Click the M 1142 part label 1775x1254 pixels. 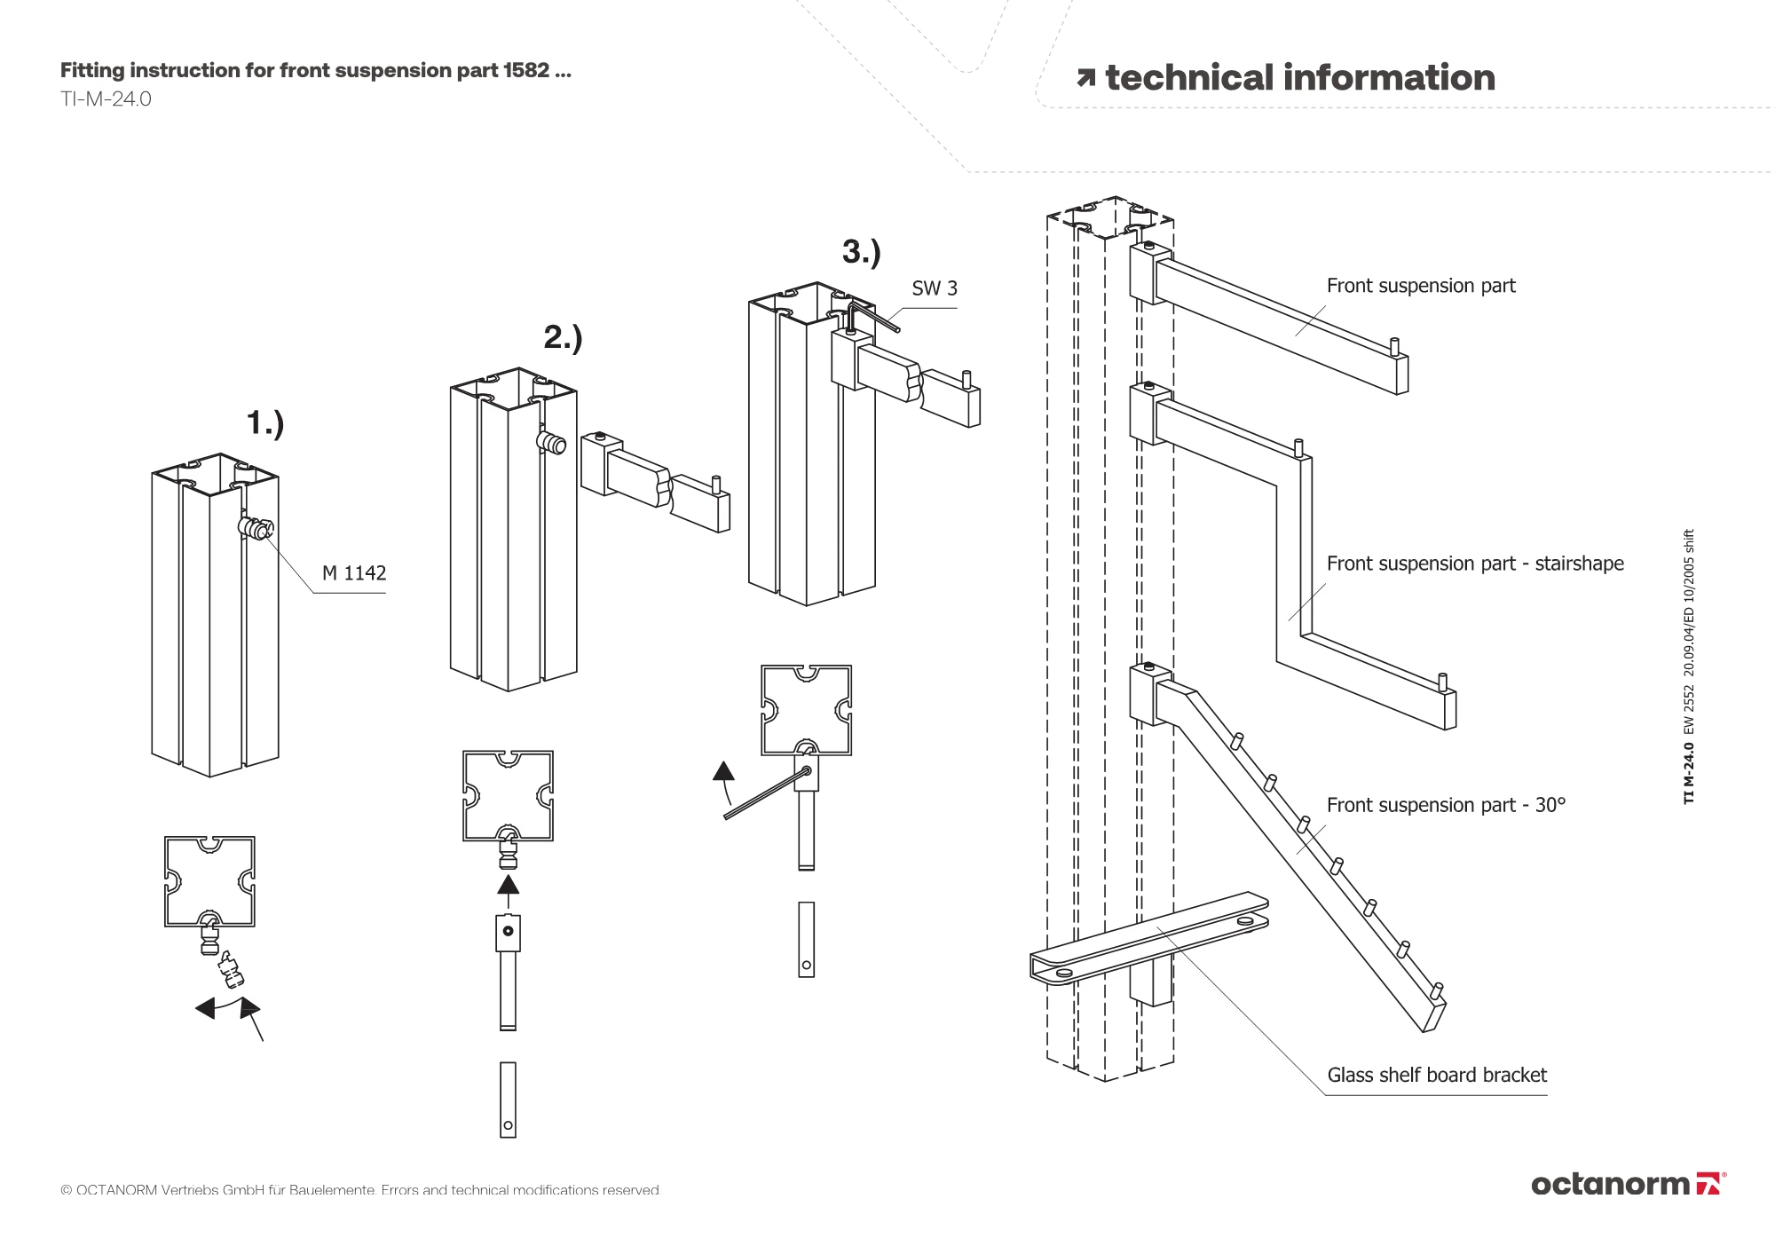point(354,573)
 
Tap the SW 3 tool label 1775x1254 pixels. point(935,288)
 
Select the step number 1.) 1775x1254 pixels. point(265,423)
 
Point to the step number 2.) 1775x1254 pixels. point(563,337)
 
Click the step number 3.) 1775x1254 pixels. point(862,252)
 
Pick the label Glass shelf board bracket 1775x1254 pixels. point(1437,1076)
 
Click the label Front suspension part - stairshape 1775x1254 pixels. point(1475,564)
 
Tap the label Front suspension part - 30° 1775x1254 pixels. point(1446,805)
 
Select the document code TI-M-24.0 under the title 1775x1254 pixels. point(106,99)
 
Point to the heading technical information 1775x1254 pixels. point(1286,78)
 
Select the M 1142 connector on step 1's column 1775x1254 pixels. point(256,528)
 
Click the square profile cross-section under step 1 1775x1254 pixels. point(209,881)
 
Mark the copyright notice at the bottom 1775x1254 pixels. point(360,1190)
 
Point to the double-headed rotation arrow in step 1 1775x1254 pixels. point(227,1008)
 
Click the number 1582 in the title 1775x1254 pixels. point(525,70)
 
